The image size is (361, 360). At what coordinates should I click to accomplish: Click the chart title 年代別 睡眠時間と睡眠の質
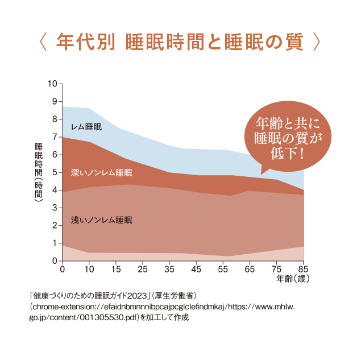[x=180, y=43]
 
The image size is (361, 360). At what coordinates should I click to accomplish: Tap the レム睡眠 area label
[x=86, y=127]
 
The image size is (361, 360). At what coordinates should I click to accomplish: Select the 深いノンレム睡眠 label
[x=101, y=172]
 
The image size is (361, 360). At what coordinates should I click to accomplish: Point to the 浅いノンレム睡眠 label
[x=101, y=220]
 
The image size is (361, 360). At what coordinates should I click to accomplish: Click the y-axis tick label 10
[x=53, y=84]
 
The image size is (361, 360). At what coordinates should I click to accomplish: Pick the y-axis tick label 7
[x=55, y=137]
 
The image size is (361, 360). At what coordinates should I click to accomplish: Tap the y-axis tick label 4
[x=55, y=191]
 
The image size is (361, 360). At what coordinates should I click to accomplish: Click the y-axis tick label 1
[x=55, y=243]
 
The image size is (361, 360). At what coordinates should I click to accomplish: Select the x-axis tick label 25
[x=143, y=269]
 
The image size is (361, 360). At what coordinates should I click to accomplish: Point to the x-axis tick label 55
[x=223, y=269]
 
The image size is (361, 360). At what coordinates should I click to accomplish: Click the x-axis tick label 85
[x=303, y=269]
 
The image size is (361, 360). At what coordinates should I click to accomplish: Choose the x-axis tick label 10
[x=89, y=269]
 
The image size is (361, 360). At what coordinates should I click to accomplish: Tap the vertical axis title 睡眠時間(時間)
[x=39, y=171]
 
